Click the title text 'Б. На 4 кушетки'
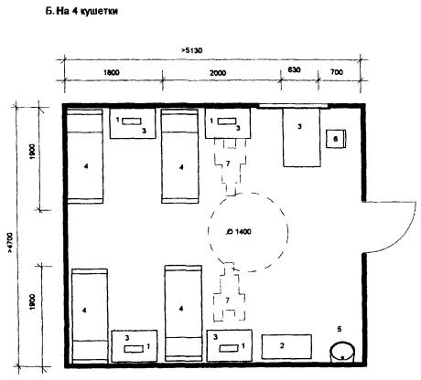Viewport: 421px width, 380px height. (x=81, y=12)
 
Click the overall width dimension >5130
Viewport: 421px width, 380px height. (x=192, y=50)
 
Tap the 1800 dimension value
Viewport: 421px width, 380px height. (x=112, y=73)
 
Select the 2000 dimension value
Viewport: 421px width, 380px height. (x=218, y=73)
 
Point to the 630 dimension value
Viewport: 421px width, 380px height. (x=294, y=69)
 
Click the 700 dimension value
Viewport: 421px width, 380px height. (x=337, y=72)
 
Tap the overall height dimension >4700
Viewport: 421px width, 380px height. (x=10, y=243)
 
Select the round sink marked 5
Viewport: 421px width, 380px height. (x=342, y=353)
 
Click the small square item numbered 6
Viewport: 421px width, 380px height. (x=336, y=139)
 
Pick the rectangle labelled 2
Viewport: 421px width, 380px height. (x=286, y=346)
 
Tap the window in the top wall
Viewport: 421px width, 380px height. (x=293, y=106)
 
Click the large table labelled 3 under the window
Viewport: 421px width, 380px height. (x=302, y=137)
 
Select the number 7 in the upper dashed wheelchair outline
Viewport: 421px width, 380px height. (x=228, y=164)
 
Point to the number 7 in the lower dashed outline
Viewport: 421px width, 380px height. (x=227, y=301)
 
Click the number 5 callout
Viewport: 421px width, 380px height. (x=340, y=329)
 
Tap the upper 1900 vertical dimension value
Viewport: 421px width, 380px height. (x=33, y=152)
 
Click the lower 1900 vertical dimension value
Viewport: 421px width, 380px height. (x=33, y=301)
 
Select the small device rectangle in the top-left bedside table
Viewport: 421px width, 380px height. (x=132, y=121)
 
